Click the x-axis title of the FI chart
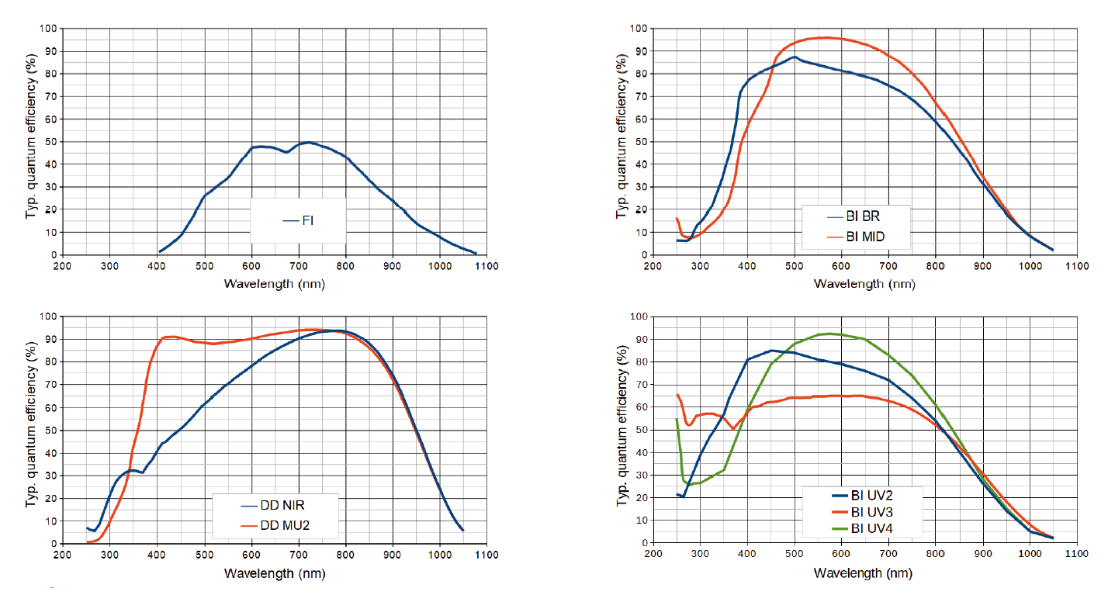(x=274, y=283)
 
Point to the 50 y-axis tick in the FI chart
(x=50, y=142)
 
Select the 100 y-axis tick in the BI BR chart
(x=639, y=29)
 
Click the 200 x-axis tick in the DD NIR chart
(x=63, y=555)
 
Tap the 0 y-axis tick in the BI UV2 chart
(x=644, y=543)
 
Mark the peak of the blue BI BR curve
(x=794, y=57)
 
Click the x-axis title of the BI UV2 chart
(x=864, y=573)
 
